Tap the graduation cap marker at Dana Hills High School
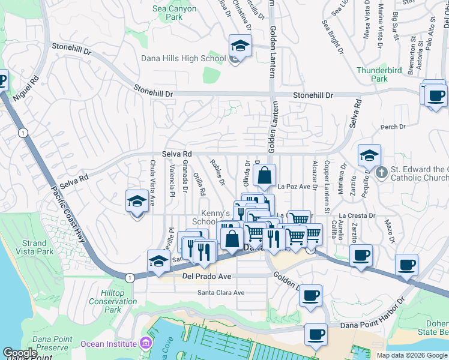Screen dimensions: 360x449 pos(240,46)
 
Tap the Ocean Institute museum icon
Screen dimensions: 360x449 pos(145,343)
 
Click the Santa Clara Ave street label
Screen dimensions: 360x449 pos(221,293)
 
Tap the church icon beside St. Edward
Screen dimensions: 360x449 pos(381,173)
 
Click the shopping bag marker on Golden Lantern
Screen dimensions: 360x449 pos(264,176)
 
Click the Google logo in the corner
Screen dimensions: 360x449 pos(20,353)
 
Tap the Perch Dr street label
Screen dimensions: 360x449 pos(390,128)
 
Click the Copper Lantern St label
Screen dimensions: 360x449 pos(327,187)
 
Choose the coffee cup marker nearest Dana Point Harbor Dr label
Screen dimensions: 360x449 pos(316,335)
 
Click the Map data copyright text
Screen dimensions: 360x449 pos(411,355)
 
